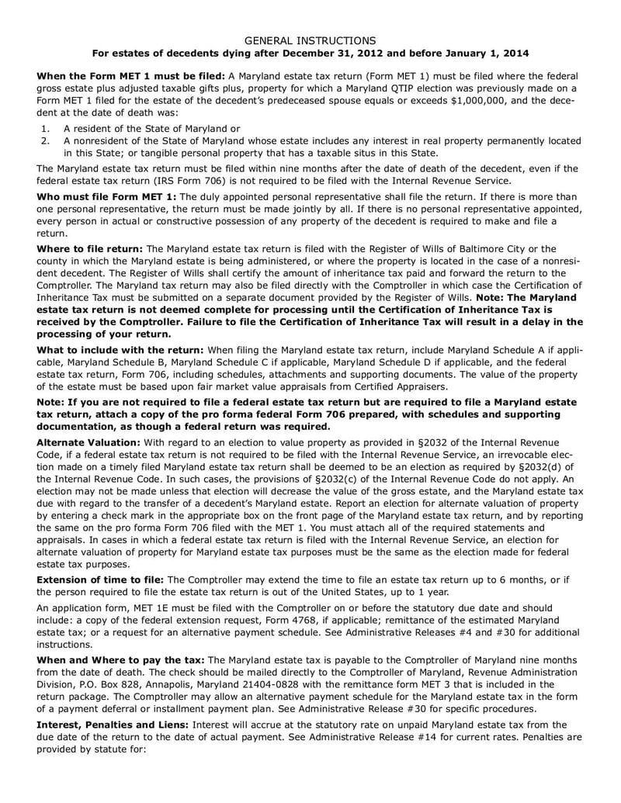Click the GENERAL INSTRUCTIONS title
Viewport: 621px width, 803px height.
point(310,40)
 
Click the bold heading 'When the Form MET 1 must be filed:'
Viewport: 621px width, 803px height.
point(131,75)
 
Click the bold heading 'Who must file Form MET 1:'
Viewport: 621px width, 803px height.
point(107,196)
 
